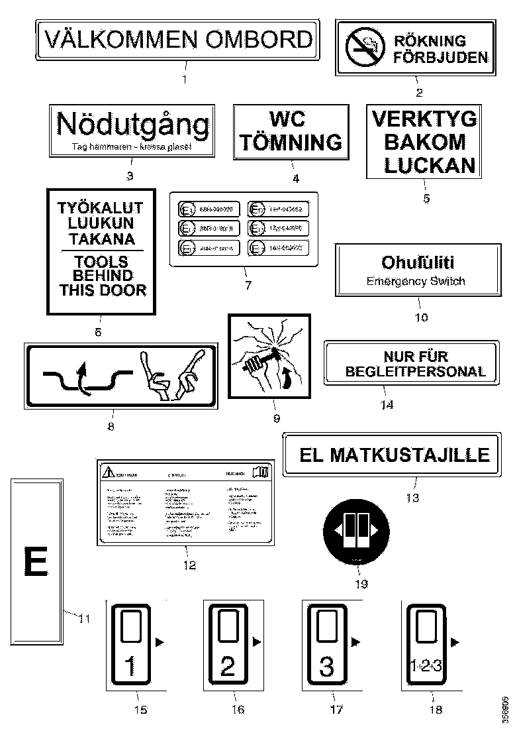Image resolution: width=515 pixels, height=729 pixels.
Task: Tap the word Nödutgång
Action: click(132, 125)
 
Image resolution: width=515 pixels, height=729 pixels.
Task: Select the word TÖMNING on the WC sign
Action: click(291, 141)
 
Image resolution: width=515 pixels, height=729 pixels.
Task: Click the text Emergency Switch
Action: click(416, 281)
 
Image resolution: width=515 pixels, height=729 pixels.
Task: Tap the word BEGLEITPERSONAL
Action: click(415, 371)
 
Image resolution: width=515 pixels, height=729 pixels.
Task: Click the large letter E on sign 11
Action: click(36, 563)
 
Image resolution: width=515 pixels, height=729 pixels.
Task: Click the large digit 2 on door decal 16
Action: click(227, 665)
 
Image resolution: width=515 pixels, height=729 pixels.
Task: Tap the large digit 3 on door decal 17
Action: click(326, 665)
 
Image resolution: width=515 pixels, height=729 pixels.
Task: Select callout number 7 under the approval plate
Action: click(248, 286)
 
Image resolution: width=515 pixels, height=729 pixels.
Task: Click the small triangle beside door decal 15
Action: click(158, 642)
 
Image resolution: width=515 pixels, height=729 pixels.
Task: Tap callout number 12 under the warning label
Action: click(189, 565)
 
